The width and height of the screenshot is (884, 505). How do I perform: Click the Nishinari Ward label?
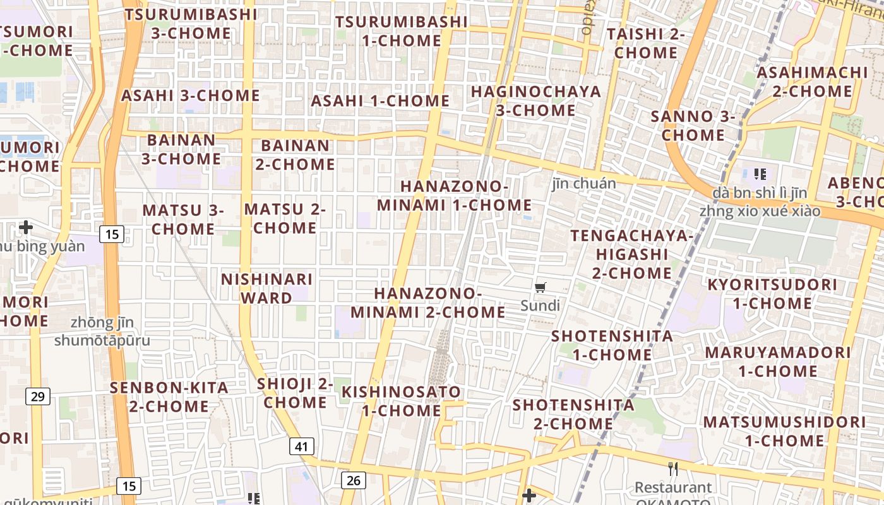tap(266, 288)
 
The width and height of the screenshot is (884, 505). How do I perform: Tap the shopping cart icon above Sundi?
tap(540, 288)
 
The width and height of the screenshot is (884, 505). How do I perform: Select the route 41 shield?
tap(302, 446)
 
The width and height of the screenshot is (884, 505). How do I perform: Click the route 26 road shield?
tap(353, 480)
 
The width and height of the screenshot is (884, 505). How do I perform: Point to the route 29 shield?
tap(38, 396)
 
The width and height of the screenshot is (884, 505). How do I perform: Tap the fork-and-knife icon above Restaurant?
tap(673, 469)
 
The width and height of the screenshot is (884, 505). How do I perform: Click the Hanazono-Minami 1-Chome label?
tap(454, 196)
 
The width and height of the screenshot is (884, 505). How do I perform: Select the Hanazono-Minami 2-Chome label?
tap(427, 303)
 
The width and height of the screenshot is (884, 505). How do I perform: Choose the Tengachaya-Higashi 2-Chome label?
tap(631, 254)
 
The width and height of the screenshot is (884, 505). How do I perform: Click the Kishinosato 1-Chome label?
tap(401, 401)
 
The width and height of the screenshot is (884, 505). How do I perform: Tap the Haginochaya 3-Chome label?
tap(535, 100)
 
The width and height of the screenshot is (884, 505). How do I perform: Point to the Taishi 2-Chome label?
tap(645, 43)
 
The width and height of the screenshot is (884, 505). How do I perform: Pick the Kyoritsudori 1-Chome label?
tap(772, 294)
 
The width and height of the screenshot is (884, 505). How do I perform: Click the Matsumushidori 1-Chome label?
tap(784, 431)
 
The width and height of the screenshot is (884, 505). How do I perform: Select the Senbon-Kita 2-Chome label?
tap(169, 396)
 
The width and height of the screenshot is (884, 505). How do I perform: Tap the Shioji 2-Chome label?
tap(295, 393)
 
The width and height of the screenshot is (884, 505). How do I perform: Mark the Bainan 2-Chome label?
tap(295, 155)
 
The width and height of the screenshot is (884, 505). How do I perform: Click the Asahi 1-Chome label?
tap(380, 101)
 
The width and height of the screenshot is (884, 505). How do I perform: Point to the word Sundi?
tap(540, 306)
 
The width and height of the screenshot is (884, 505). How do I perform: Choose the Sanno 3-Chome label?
tap(693, 125)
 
